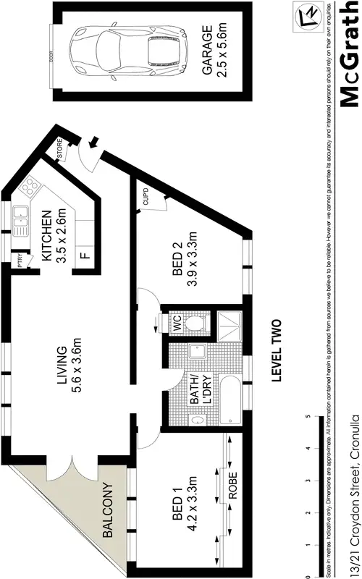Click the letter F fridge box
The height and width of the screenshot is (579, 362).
click(85, 255)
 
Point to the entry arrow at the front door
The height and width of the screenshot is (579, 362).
click(92, 145)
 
